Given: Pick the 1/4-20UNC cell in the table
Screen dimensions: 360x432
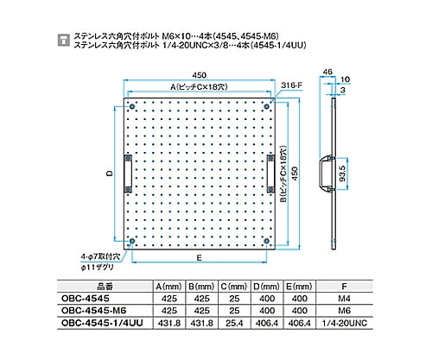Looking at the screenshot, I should [346, 323].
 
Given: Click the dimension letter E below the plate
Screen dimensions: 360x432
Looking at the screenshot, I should [200, 257].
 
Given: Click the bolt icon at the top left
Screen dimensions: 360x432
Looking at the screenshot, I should [60, 40].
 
